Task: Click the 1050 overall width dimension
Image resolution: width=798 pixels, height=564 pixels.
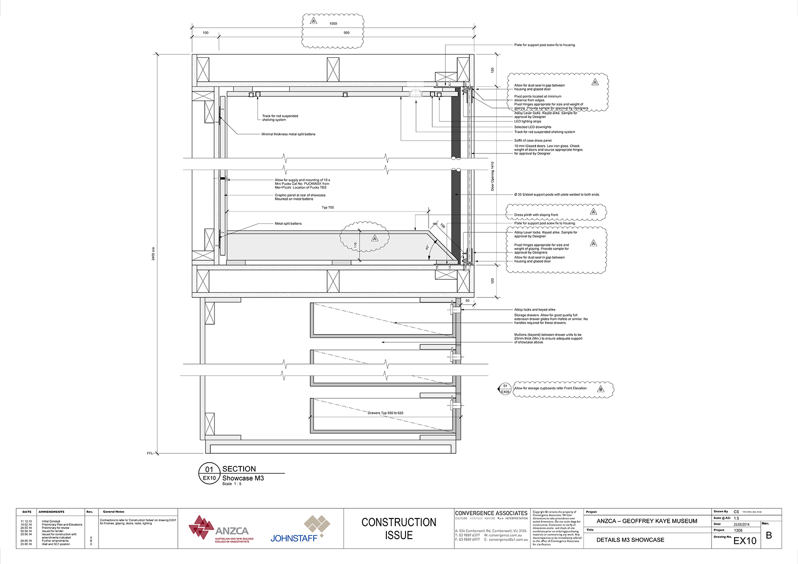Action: click(333, 23)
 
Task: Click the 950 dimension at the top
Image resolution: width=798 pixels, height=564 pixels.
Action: click(346, 33)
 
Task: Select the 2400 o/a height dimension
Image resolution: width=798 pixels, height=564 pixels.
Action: click(153, 254)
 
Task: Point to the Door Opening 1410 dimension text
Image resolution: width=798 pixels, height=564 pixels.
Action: click(492, 176)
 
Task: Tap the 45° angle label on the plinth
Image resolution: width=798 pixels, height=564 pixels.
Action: click(427, 247)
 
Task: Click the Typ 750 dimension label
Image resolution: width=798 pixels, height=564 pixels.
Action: click(328, 207)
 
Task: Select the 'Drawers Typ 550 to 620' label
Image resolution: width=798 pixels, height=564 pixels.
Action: click(385, 413)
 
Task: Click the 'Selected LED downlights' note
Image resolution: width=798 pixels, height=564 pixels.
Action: click(533, 127)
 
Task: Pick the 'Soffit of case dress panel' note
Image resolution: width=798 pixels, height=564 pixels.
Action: click(533, 140)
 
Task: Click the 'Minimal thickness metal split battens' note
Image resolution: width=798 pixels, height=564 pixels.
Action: click(288, 134)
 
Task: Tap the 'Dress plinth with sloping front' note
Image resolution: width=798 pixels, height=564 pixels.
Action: click(536, 215)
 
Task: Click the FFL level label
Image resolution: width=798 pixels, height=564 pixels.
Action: click(150, 453)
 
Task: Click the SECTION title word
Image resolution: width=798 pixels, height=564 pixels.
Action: click(239, 469)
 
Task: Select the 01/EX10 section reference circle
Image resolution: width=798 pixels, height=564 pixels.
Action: click(209, 473)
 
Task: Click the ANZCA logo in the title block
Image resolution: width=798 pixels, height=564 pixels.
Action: click(221, 529)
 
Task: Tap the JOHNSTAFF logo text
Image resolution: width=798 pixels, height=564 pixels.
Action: click(294, 538)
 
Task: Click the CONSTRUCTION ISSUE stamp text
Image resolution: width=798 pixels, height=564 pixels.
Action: click(399, 529)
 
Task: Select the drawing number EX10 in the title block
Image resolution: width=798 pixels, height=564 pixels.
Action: click(744, 541)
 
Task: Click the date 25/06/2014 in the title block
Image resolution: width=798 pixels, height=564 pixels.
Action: click(742, 525)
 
